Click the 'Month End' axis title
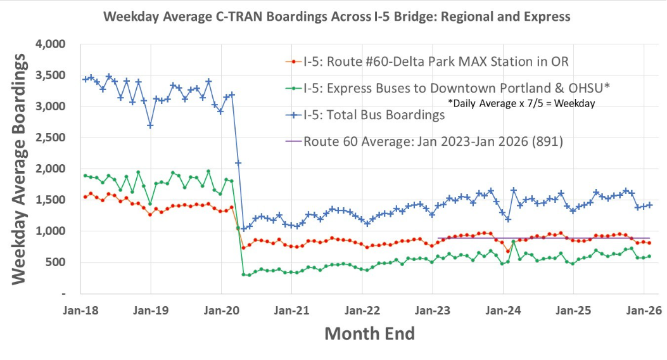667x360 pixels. point(369,334)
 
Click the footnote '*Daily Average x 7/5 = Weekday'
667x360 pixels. point(521,103)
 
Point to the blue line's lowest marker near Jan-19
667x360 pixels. point(150,125)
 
